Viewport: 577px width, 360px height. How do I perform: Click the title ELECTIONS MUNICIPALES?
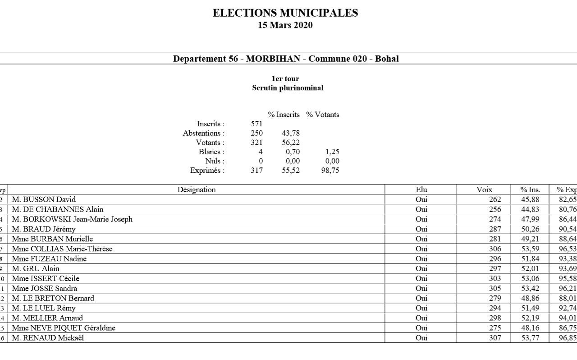pos(285,14)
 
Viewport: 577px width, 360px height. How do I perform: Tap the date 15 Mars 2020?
pos(285,25)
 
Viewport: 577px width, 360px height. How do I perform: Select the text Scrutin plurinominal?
pos(288,88)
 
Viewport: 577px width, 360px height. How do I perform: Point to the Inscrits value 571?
pos(256,124)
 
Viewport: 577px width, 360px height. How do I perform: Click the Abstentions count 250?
pos(256,133)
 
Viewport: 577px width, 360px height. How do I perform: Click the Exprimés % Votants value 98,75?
pos(330,171)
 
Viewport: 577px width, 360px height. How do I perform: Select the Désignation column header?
pos(197,190)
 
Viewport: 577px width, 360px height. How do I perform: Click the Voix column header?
pos(484,190)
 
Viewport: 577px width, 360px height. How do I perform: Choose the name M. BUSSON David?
pos(44,199)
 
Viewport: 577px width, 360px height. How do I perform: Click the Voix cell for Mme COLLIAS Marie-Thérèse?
pos(495,249)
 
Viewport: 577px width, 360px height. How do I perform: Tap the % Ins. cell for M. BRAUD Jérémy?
pos(531,229)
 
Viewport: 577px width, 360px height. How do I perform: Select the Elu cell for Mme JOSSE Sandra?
pos(421,288)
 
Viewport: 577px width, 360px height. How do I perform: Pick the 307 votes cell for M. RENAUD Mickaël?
pos(495,338)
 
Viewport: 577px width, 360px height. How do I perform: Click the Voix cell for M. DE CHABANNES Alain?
pos(495,209)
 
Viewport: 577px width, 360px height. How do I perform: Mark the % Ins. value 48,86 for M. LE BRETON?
pos(531,298)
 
